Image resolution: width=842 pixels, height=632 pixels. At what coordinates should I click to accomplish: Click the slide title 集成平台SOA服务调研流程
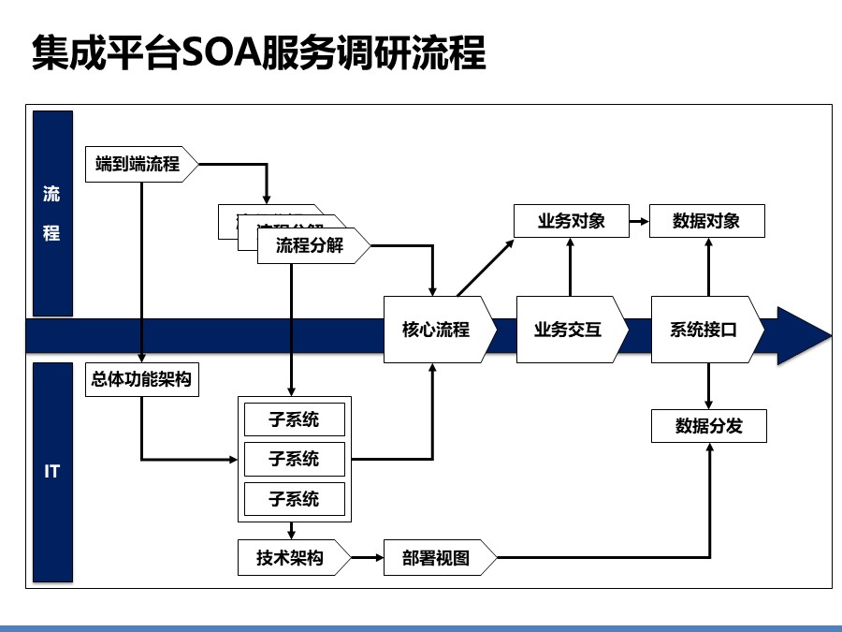pos(258,53)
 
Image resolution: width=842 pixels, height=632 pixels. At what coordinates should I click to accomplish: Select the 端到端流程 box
pos(139,164)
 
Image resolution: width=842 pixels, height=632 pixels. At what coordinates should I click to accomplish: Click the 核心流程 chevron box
pos(436,330)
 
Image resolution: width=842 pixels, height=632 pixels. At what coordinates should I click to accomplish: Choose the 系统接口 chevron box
pos(704,330)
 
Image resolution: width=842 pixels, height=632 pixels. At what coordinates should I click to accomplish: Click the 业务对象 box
pos(571,221)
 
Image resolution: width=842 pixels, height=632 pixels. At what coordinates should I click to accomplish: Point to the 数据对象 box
pos(707,221)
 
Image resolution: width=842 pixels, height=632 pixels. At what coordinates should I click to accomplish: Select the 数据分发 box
pos(708,426)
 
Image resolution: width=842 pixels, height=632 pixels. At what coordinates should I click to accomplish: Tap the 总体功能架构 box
pos(141,379)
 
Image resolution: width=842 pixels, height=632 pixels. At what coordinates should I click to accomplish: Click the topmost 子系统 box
pos(294,419)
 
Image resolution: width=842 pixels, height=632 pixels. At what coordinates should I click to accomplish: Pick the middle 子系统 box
pos(294,459)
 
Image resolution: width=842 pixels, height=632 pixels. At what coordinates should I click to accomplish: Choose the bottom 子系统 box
pos(294,498)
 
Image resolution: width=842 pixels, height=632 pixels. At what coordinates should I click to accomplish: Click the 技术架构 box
pos(292,558)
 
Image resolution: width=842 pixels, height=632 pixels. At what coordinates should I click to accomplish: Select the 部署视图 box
pos(437,558)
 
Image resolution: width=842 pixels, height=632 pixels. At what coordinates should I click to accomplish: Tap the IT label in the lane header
pos(52,471)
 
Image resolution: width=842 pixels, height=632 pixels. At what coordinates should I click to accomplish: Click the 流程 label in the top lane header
pos(52,214)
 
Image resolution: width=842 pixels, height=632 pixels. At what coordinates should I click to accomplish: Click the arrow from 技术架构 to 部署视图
pos(368,558)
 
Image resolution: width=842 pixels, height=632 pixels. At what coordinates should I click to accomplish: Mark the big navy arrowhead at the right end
pos(802,335)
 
